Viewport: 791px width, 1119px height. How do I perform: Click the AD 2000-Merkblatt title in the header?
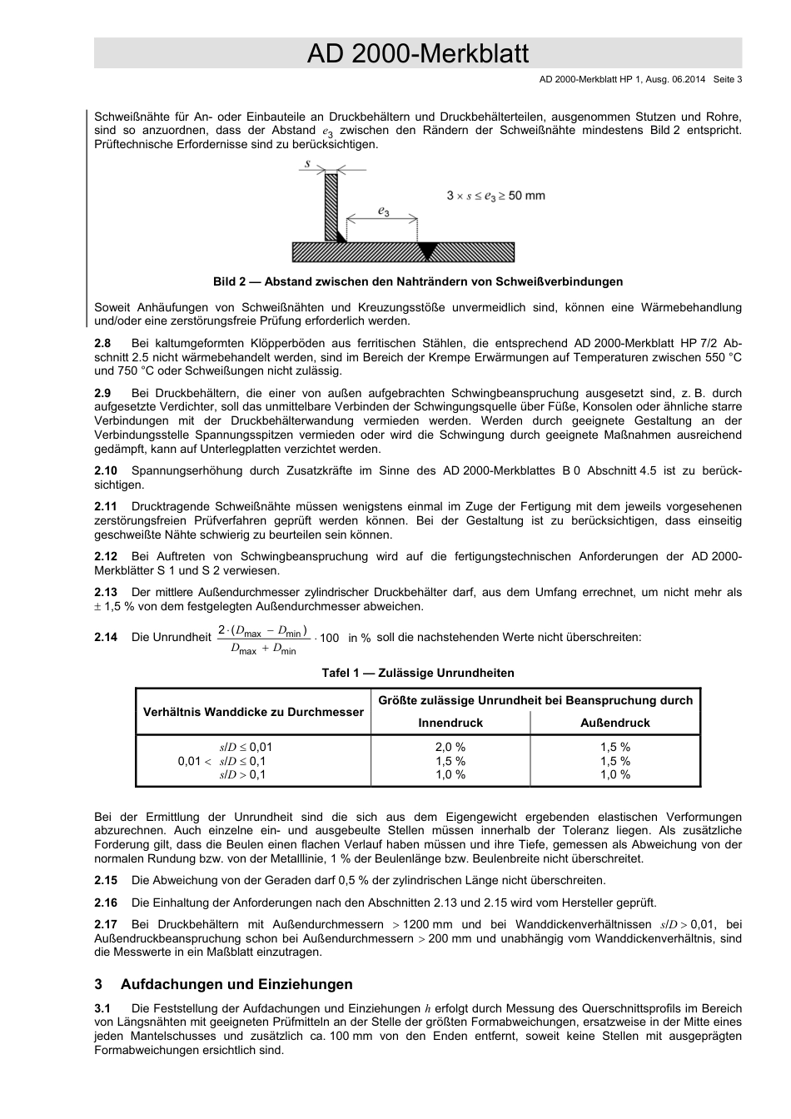tap(417, 54)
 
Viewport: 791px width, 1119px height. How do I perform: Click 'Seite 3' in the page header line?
tap(727, 79)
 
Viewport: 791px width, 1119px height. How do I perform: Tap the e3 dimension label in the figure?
tap(383, 212)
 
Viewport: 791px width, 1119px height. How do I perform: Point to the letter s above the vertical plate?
tap(307, 164)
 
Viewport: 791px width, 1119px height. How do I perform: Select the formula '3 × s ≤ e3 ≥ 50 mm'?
tap(495, 196)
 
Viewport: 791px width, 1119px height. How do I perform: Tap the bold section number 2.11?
tap(106, 506)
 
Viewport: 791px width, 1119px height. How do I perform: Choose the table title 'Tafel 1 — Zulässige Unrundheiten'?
tap(418, 673)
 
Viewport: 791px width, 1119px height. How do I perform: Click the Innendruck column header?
tap(450, 723)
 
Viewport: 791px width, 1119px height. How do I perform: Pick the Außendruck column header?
tap(614, 723)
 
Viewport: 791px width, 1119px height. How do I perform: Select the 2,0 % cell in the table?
tap(450, 747)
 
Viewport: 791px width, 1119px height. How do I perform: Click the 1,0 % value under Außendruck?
tap(614, 774)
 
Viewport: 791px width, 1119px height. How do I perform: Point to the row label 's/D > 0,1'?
tap(243, 774)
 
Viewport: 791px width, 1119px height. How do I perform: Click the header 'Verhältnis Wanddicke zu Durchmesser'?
tap(253, 712)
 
